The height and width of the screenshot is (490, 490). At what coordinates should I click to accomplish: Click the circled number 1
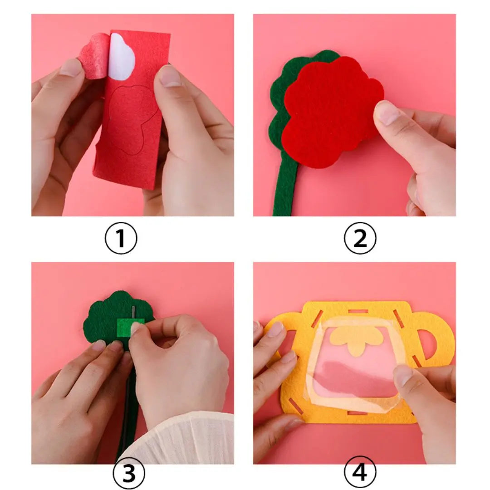121,238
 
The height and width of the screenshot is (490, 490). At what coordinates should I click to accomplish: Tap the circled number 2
360,238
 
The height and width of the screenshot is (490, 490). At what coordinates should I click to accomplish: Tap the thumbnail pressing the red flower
387,113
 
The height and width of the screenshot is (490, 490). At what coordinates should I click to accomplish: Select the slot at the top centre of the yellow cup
358,312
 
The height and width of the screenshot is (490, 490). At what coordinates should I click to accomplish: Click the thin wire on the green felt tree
134,314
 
